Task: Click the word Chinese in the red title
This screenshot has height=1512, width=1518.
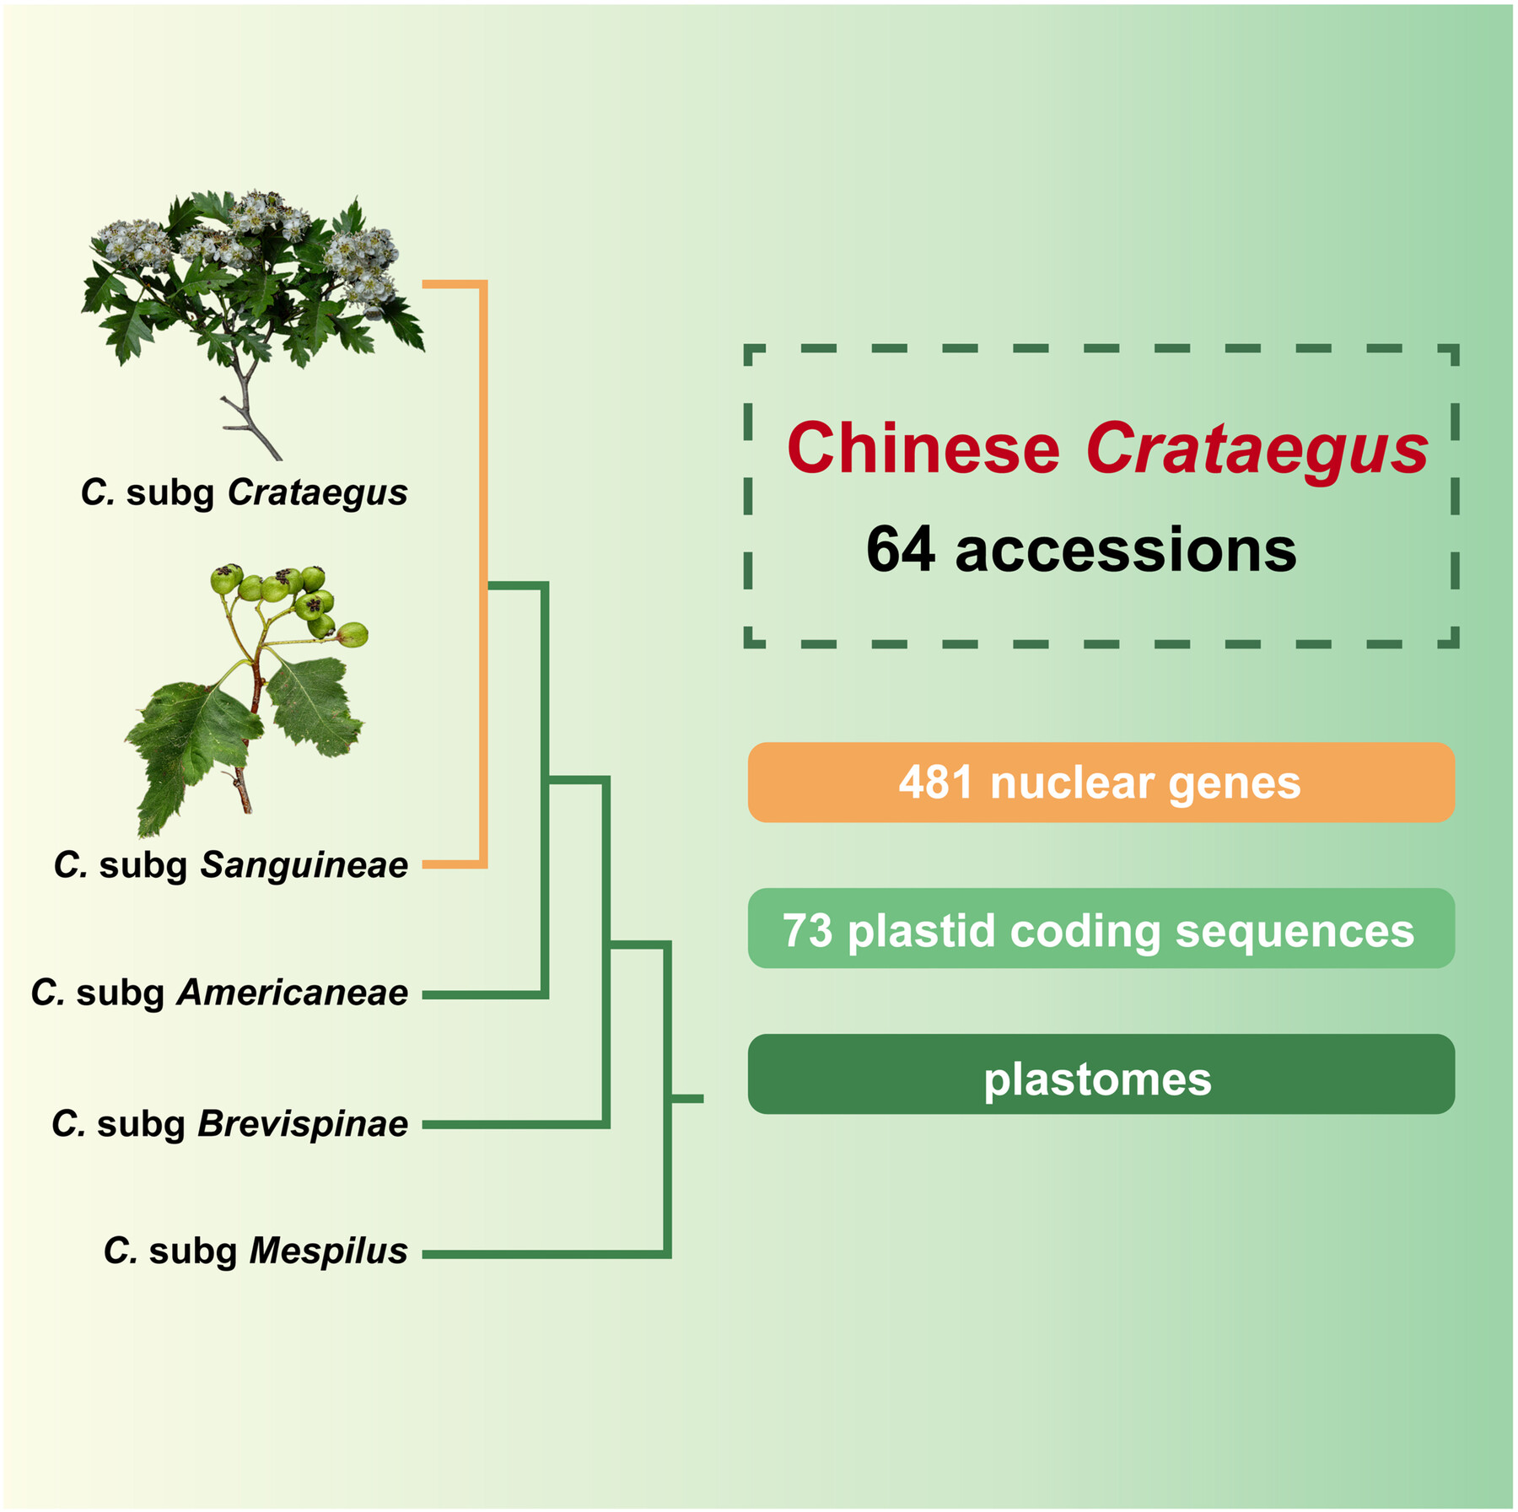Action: (x=923, y=449)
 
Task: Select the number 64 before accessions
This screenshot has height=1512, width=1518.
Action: (x=900, y=550)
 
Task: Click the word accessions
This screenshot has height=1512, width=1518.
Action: (x=1125, y=550)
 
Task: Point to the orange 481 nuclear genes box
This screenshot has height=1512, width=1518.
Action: (x=1101, y=783)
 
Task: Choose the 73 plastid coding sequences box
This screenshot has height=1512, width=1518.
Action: (x=1101, y=928)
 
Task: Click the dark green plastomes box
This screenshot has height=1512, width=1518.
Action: (x=1101, y=1074)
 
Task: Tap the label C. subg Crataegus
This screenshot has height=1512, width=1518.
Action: (x=244, y=492)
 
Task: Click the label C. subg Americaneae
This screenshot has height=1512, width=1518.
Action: (x=219, y=993)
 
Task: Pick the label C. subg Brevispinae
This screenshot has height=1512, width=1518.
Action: (x=229, y=1124)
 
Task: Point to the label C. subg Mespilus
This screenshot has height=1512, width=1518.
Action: (x=256, y=1251)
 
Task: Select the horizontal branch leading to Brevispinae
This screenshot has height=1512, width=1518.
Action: (x=514, y=1124)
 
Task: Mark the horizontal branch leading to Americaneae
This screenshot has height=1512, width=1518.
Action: (x=485, y=995)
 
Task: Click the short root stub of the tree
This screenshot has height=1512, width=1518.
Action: (x=686, y=1099)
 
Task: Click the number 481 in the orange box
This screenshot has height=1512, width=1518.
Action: (x=935, y=783)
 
